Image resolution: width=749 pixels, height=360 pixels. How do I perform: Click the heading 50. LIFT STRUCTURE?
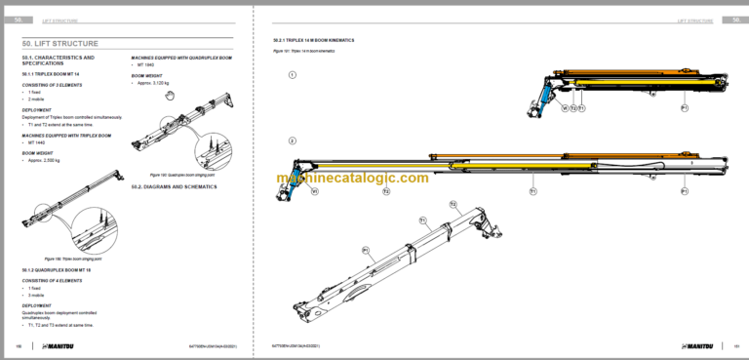pyautogui.click(x=60, y=42)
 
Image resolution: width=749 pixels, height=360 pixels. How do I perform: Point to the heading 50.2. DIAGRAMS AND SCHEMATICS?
pyautogui.click(x=174, y=185)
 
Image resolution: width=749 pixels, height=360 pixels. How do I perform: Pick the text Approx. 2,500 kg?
pyautogui.click(x=49, y=159)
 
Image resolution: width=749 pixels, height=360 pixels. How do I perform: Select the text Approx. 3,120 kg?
pyautogui.click(x=156, y=83)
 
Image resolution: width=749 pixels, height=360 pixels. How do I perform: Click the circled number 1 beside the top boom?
pyautogui.click(x=292, y=74)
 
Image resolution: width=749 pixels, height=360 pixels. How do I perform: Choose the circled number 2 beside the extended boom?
pyautogui.click(x=292, y=141)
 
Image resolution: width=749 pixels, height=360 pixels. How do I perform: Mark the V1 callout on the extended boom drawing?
pyautogui.click(x=315, y=192)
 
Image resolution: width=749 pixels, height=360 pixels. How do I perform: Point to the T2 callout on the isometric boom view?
pyautogui.click(x=453, y=204)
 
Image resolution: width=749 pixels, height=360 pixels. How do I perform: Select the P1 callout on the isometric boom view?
pyautogui.click(x=365, y=251)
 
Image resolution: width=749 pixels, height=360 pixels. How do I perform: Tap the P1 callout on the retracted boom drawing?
pyautogui.click(x=684, y=107)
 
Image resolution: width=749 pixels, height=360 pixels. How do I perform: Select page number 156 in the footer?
pyautogui.click(x=19, y=345)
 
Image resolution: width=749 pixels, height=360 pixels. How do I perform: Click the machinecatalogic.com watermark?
pyautogui.click(x=352, y=178)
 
